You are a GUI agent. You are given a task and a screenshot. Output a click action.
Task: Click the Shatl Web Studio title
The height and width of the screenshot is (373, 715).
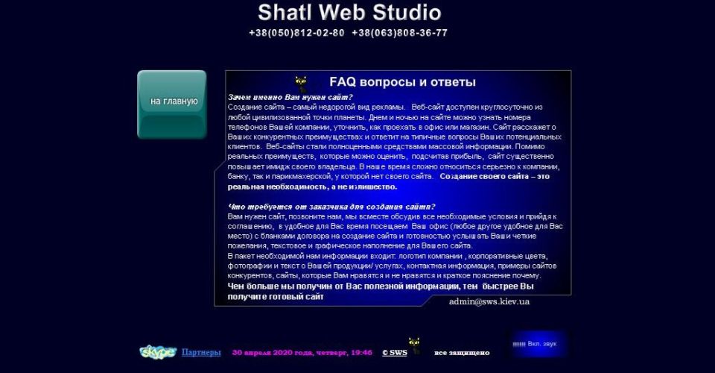pyautogui.click(x=349, y=13)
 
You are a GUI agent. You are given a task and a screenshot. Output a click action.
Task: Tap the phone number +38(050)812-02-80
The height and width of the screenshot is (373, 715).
pyautogui.click(x=296, y=33)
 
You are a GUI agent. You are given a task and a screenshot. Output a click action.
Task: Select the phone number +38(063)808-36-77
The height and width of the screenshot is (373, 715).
pyautogui.click(x=399, y=33)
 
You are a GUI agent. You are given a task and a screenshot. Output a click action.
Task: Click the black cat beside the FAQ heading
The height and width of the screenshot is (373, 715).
pyautogui.click(x=301, y=84)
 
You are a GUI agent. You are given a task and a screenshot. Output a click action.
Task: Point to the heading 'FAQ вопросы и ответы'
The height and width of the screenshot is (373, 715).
pyautogui.click(x=402, y=82)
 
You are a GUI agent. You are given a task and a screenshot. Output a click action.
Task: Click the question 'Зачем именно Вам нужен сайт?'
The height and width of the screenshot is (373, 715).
pyautogui.click(x=290, y=97)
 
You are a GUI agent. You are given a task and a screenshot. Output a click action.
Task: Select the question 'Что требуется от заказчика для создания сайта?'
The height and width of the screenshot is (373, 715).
pyautogui.click(x=331, y=207)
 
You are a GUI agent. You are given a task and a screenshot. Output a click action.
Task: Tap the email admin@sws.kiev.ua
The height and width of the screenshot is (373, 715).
pyautogui.click(x=489, y=301)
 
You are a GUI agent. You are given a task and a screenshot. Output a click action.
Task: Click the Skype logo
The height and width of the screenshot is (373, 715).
pyautogui.click(x=158, y=352)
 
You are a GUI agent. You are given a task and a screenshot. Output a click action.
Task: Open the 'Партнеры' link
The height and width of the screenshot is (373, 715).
pyautogui.click(x=201, y=352)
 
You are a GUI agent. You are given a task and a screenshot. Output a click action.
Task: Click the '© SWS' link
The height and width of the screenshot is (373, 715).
pyautogui.click(x=395, y=352)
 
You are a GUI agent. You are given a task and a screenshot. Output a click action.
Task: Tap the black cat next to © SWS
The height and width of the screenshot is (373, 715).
pyautogui.click(x=414, y=345)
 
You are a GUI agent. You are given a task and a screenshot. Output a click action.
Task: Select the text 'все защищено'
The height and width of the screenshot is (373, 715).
pyautogui.click(x=462, y=352)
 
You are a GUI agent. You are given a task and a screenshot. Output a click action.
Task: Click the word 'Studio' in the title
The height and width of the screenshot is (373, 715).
pyautogui.click(x=407, y=13)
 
